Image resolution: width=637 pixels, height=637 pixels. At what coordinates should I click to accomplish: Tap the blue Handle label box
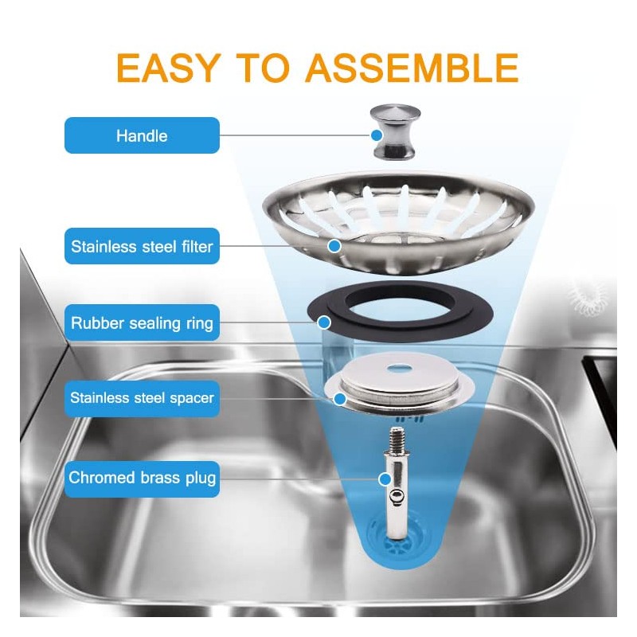pyautogui.click(x=142, y=135)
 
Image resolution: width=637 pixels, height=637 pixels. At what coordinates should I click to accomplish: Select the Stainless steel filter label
pyautogui.click(x=142, y=246)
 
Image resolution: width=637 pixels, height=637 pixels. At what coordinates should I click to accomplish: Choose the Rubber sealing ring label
pyautogui.click(x=142, y=323)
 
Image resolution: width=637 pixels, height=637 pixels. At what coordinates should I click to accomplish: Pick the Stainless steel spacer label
pyautogui.click(x=142, y=397)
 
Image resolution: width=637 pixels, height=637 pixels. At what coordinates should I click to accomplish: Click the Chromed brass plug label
pyautogui.click(x=142, y=478)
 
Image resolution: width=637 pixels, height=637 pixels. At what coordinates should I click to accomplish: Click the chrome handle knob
pyautogui.click(x=393, y=133)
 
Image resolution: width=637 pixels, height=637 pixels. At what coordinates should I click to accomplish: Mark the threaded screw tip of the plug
pyautogui.click(x=396, y=439)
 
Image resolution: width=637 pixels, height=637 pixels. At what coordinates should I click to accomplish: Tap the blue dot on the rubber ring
pyautogui.click(x=324, y=322)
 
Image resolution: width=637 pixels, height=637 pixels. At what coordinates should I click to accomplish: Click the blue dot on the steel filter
pyautogui.click(x=334, y=246)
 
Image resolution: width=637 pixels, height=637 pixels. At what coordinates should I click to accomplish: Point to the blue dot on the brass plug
pyautogui.click(x=385, y=479)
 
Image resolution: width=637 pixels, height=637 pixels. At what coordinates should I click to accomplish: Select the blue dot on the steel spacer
pyautogui.click(x=341, y=397)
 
